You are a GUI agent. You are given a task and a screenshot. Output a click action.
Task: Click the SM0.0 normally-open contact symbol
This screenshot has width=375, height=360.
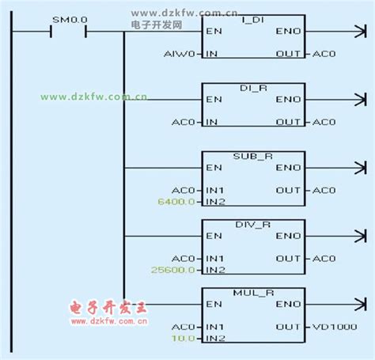67,32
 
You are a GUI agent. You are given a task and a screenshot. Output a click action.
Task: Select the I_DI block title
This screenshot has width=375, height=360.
253,18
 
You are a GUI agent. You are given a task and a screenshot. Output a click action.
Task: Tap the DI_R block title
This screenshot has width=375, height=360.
253,86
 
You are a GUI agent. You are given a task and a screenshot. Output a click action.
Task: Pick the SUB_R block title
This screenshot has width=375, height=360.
253,155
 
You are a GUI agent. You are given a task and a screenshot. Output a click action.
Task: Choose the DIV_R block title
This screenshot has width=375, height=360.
253,223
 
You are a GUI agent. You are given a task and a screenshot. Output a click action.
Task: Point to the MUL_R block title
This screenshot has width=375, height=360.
253,291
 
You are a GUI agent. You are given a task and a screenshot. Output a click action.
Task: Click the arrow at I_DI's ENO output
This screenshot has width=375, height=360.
360,32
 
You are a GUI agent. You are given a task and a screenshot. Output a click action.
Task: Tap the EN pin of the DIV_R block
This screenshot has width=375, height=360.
214,236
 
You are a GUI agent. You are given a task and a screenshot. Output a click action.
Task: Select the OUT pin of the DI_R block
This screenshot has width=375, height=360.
288,122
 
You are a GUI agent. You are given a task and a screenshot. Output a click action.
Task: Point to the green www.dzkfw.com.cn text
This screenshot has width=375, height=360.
93,97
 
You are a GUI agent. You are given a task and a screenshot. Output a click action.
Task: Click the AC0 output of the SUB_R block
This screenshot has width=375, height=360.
324,191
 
